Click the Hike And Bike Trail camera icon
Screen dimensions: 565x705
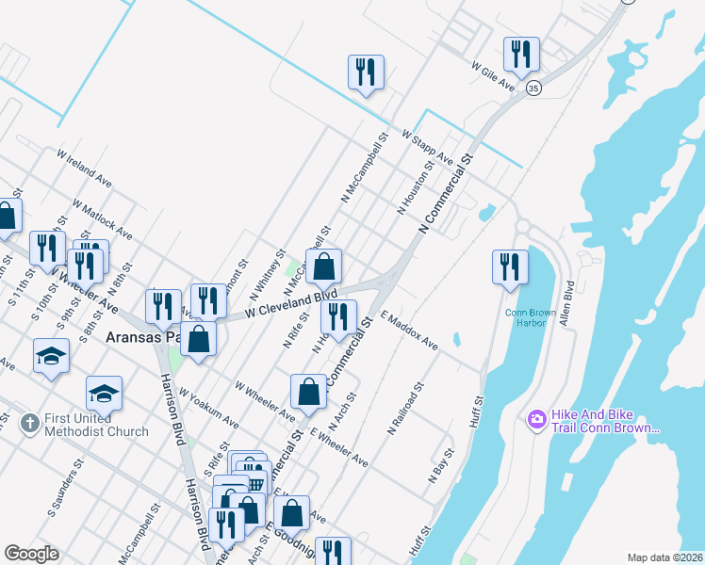point(537,418)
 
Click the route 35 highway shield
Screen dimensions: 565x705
point(534,88)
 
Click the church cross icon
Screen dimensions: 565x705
point(29,424)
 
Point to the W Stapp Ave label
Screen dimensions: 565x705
point(427,149)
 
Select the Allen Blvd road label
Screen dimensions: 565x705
point(568,299)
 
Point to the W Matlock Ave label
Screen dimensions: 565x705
point(102,218)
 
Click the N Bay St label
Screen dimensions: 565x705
point(441,464)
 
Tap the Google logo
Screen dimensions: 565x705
point(31,554)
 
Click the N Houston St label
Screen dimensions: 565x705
point(416,187)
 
